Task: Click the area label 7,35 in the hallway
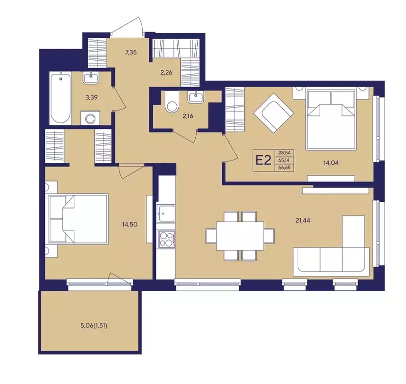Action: tap(131, 52)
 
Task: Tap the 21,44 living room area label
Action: tap(303, 220)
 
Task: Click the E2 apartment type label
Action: tap(263, 160)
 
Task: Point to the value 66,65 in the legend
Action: tap(284, 167)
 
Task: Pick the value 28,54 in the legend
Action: tap(284, 153)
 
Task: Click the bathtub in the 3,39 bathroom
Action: tap(60, 98)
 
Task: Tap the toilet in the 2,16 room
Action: tap(172, 102)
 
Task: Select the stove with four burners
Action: tap(166, 238)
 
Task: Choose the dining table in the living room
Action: tap(240, 236)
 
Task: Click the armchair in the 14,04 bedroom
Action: tap(274, 113)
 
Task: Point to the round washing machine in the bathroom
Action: tap(90, 118)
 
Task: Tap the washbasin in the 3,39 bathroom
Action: tap(90, 77)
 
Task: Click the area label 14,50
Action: tap(130, 224)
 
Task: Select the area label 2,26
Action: tap(166, 72)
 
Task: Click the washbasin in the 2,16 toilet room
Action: tap(196, 96)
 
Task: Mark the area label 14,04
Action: tap(331, 163)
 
